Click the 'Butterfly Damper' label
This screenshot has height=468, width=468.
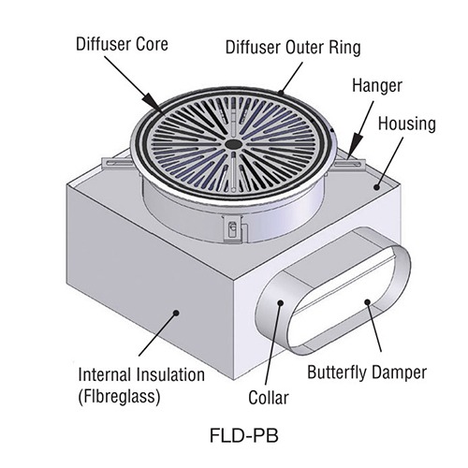[366, 371]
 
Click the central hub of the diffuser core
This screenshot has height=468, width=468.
[229, 144]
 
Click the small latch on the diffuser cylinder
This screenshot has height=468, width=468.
[227, 227]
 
